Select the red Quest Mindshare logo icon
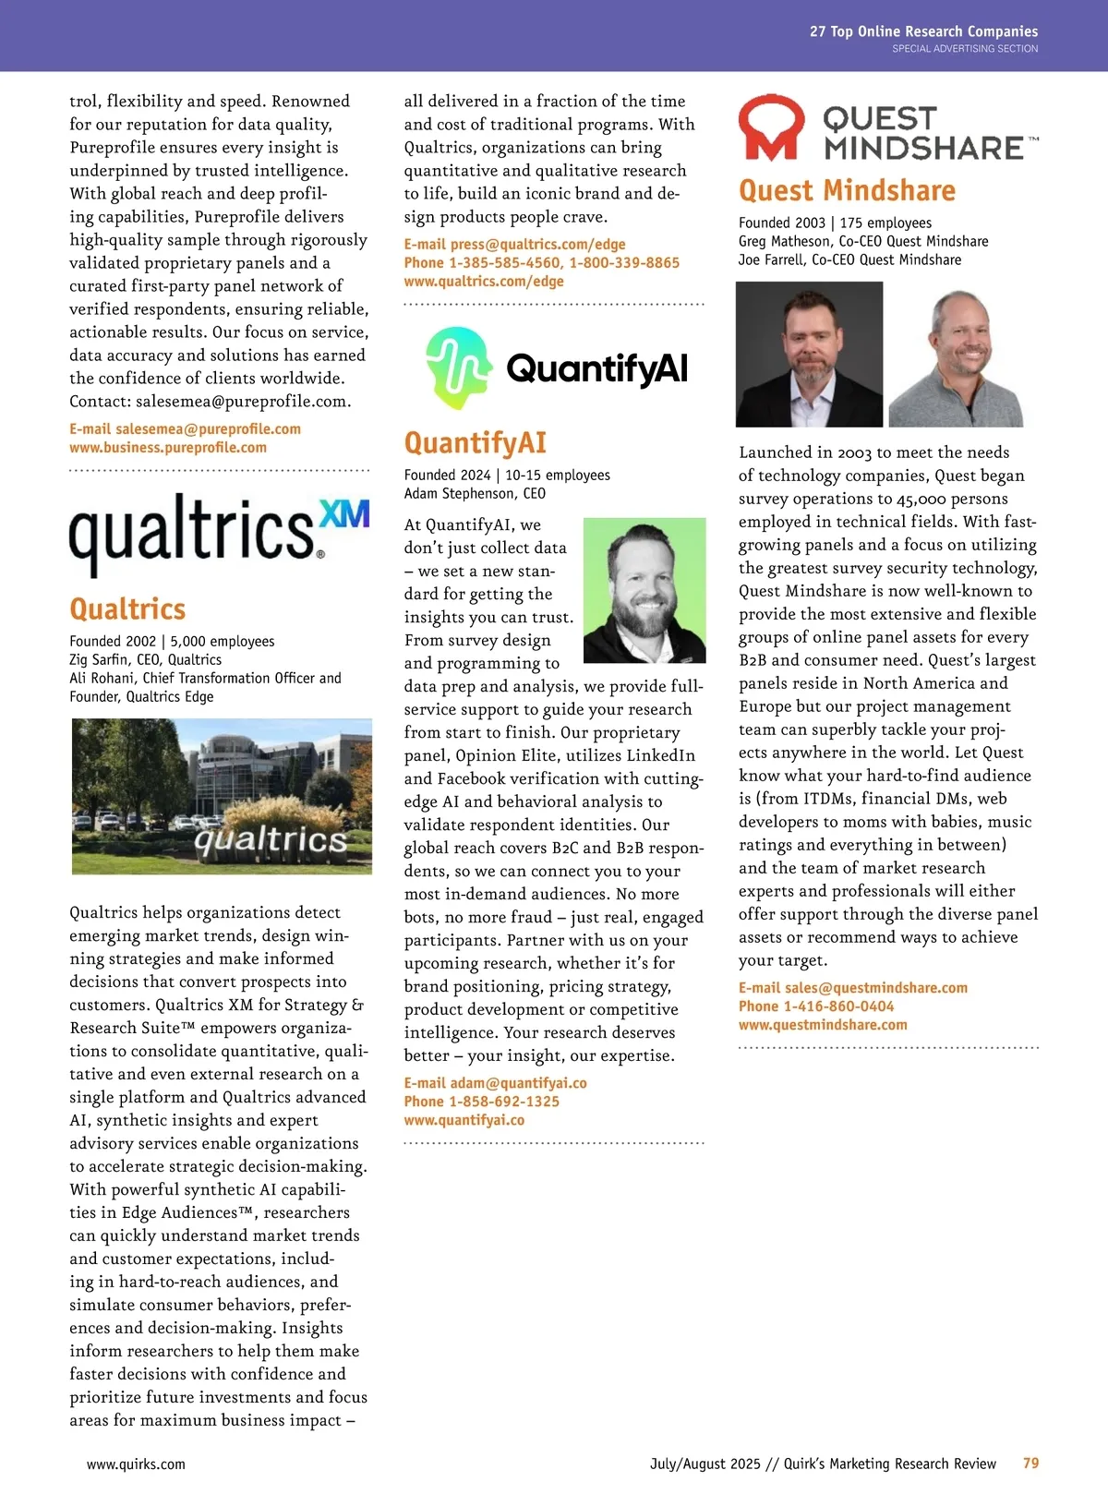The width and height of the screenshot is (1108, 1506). [x=771, y=127]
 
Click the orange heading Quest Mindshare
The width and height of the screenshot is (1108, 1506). [x=847, y=190]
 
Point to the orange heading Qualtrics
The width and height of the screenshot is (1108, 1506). [x=127, y=609]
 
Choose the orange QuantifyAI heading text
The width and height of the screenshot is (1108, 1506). [x=475, y=443]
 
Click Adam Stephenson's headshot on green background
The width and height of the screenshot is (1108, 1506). [x=644, y=590]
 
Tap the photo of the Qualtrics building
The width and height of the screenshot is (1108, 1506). [x=222, y=796]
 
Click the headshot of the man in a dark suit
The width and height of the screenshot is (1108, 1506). [x=809, y=355]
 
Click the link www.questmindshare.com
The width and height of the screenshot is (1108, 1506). [x=823, y=1025]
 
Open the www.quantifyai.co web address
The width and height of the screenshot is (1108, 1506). [x=464, y=1120]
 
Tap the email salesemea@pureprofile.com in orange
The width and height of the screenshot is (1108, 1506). [x=208, y=429]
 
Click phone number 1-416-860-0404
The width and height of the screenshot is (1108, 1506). [x=838, y=1006]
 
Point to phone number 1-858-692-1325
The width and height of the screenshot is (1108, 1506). [x=504, y=1102]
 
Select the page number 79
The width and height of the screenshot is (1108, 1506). [x=1030, y=1464]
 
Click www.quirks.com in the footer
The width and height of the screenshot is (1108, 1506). [x=136, y=1464]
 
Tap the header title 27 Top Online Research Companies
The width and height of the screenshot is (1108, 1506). [x=923, y=31]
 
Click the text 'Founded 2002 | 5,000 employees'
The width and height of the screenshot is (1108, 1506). [x=172, y=642]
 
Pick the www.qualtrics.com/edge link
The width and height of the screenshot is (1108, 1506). [x=484, y=282]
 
